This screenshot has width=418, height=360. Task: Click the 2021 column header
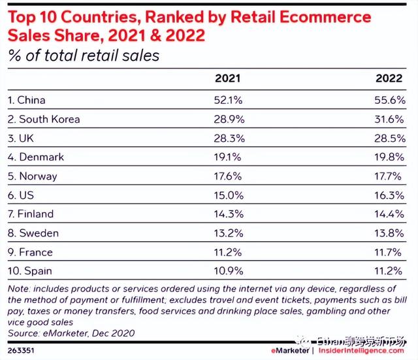[228, 78]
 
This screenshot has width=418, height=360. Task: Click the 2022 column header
[390, 78]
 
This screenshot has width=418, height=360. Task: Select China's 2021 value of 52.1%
[228, 101]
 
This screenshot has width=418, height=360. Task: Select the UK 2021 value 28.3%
[228, 139]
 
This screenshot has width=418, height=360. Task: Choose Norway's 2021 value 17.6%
[228, 176]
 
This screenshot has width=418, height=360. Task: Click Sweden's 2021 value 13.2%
[228, 233]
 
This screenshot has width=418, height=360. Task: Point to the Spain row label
[29, 271]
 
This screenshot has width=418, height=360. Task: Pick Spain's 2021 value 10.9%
[228, 271]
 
